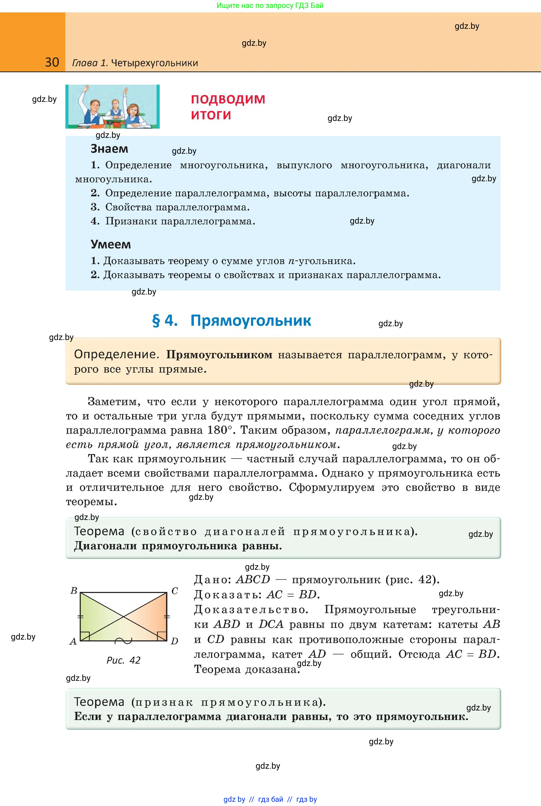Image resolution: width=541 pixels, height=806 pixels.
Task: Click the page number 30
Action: tap(52, 62)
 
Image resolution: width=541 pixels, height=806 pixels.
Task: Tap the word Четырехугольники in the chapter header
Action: tap(155, 63)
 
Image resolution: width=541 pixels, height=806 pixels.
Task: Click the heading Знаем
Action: tap(109, 149)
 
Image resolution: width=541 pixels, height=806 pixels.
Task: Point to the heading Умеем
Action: tap(111, 244)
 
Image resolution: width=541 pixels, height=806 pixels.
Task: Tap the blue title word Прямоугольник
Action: tap(251, 321)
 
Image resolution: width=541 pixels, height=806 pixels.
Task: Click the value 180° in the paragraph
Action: tap(220, 430)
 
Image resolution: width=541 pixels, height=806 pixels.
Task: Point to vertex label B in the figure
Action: tap(74, 591)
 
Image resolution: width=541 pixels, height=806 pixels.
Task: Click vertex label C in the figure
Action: tap(175, 591)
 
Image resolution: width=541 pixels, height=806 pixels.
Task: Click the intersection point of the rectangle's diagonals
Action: tap(123, 617)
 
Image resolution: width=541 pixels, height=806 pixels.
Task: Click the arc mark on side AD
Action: tap(123, 641)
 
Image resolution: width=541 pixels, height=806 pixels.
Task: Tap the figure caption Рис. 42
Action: tap(123, 660)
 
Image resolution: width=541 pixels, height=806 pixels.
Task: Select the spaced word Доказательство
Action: tap(251, 610)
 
